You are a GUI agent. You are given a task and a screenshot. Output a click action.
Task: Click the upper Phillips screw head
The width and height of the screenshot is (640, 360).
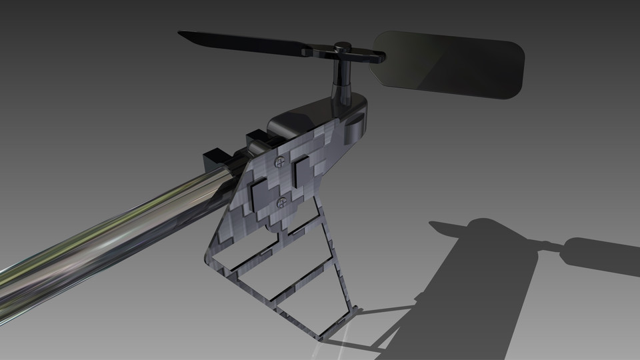(281, 161)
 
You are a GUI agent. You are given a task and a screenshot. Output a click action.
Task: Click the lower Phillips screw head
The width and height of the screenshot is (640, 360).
(282, 202)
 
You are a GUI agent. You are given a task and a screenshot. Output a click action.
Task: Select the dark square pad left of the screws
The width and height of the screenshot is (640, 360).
(259, 193)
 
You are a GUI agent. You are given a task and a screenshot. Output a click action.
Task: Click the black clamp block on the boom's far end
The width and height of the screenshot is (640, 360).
(217, 160)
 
